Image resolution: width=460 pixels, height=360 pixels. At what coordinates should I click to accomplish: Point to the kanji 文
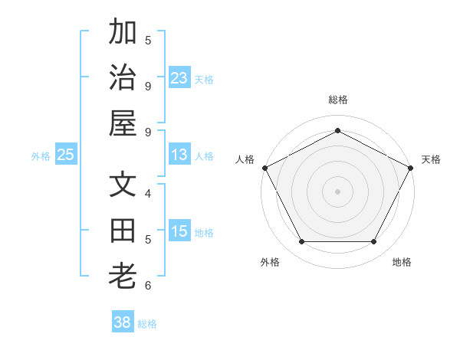[x=123, y=185]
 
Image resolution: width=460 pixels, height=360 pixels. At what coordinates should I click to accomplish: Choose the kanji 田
[x=123, y=230]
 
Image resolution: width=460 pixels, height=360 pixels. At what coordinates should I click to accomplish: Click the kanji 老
[x=123, y=276]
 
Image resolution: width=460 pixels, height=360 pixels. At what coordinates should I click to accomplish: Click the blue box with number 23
[x=179, y=77]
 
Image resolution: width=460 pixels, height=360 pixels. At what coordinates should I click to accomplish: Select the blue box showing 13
[x=179, y=155]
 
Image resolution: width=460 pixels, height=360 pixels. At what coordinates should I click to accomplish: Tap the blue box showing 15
[x=179, y=231]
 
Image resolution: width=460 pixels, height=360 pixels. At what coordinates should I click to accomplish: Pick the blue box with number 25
[x=65, y=155]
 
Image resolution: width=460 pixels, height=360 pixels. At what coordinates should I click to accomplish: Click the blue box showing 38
[x=123, y=322]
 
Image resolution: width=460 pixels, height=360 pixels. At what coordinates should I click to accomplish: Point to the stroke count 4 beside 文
[x=148, y=193]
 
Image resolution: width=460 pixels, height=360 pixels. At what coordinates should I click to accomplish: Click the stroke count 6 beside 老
[x=148, y=286]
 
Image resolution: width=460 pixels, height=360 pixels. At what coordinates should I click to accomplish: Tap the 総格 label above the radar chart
[x=337, y=100]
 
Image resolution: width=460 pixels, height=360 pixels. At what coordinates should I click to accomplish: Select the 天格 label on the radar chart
[x=431, y=159]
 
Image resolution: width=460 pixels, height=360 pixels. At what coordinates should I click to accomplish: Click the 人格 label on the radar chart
[x=245, y=159]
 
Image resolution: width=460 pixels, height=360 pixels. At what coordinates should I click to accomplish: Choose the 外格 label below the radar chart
[x=270, y=262]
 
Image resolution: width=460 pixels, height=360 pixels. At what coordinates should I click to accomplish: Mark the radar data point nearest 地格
[x=374, y=242]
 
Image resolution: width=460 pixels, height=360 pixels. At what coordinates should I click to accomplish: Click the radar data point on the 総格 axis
[x=337, y=130]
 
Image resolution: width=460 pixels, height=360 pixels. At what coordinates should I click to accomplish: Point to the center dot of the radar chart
[x=337, y=191]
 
